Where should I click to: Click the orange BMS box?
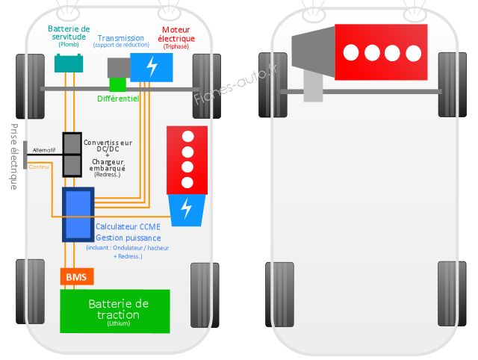pos(76,277)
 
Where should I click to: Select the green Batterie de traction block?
pos(115,311)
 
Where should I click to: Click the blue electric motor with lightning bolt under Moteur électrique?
pos(152,66)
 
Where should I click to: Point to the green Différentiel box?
pos(118,84)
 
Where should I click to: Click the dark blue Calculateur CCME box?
pos(78,214)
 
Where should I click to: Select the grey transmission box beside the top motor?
pos(119,68)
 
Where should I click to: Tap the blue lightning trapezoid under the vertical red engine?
pos(187,209)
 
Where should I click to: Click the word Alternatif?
pos(44,150)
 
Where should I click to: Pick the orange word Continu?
pos(39,167)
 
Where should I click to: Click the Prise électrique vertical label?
pos(13,156)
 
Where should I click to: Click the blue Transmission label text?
pos(121,38)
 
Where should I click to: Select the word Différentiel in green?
pos(119,99)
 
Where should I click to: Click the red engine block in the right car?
pos(382,52)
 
